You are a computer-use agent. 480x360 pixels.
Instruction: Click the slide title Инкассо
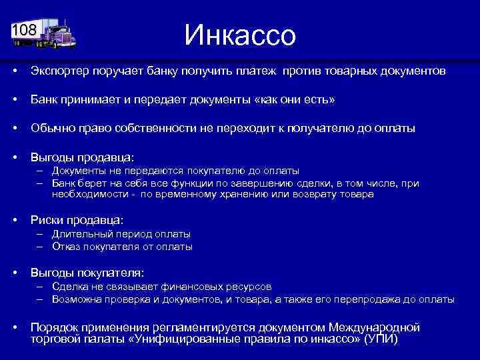click(239, 35)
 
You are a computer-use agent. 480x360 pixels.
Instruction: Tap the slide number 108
click(24, 30)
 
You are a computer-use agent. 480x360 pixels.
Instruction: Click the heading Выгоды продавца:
click(82, 157)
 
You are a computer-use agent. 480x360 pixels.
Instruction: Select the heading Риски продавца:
click(77, 219)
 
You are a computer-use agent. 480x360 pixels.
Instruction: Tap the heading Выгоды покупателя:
click(87, 273)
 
